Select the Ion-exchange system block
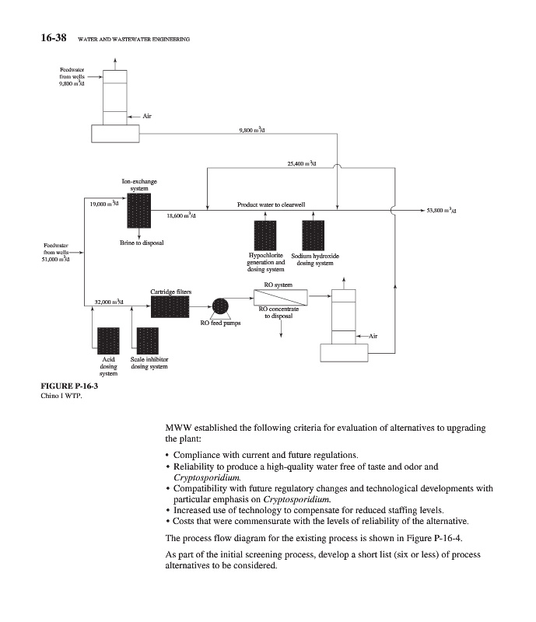138,211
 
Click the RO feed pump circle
220,306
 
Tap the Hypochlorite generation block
266,236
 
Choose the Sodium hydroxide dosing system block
313,236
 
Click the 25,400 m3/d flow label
300,164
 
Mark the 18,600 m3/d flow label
180,215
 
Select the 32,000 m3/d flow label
107,301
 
